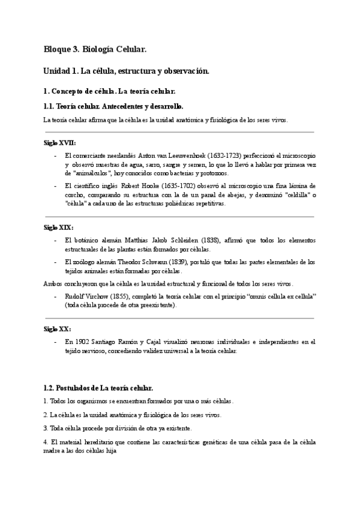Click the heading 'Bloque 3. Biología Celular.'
coord(95,49)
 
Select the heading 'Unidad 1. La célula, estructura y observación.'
coord(126,71)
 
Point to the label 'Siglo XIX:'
coord(58,227)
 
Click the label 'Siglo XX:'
coord(58,329)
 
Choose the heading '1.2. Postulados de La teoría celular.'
coord(99,388)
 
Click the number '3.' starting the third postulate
coord(46,428)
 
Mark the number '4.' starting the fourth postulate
coord(46,442)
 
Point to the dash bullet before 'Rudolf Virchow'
coord(56,297)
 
